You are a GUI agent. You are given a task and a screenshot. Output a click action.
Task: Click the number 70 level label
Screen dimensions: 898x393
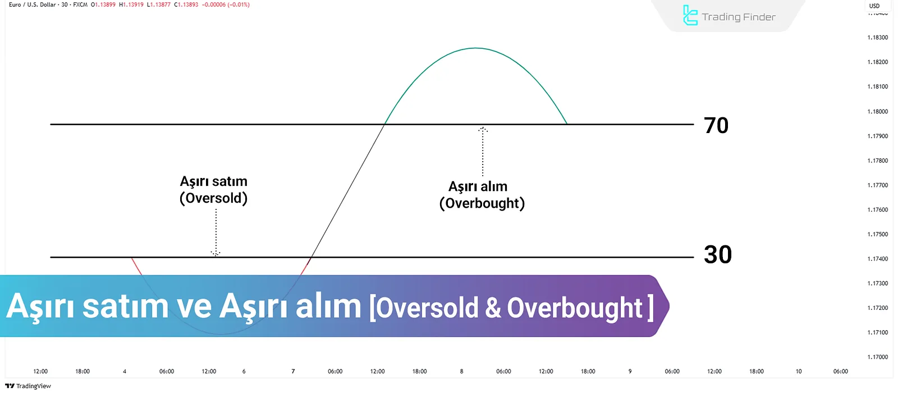pyautogui.click(x=716, y=126)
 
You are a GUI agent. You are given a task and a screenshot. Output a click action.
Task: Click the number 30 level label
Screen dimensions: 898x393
pyautogui.click(x=718, y=255)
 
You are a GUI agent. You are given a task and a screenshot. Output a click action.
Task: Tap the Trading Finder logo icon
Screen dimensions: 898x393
pyautogui.click(x=690, y=16)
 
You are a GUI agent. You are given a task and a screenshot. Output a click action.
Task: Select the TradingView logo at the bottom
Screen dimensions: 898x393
pyautogui.click(x=28, y=386)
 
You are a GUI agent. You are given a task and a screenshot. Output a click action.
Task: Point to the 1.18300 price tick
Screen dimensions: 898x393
pyautogui.click(x=878, y=37)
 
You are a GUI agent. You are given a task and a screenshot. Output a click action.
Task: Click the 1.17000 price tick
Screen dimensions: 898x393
pyautogui.click(x=878, y=357)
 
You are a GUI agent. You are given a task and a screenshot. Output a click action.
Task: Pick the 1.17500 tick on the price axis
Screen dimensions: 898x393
pyautogui.click(x=878, y=234)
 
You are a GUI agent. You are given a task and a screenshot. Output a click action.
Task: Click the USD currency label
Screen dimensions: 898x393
pyautogui.click(x=874, y=6)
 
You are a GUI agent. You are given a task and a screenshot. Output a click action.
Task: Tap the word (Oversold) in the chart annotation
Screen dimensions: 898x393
pyautogui.click(x=214, y=198)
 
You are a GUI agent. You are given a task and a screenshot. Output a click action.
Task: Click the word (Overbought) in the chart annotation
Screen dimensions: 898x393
pyautogui.click(x=482, y=203)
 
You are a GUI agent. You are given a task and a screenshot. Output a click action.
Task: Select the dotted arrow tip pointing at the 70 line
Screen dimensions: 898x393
pyautogui.click(x=483, y=128)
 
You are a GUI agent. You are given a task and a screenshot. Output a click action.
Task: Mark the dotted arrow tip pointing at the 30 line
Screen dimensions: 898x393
pyautogui.click(x=216, y=255)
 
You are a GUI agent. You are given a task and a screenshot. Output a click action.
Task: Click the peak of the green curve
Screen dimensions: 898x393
pyautogui.click(x=476, y=48)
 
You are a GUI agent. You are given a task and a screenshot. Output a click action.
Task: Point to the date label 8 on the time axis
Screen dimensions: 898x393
pyautogui.click(x=461, y=371)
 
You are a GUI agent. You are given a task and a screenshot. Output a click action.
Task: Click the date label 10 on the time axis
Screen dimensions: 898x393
pyautogui.click(x=799, y=371)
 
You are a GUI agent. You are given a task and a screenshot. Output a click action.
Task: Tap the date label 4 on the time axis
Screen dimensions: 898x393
pyautogui.click(x=125, y=371)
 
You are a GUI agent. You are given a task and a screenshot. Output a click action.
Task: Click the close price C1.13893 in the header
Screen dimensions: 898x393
pyautogui.click(x=186, y=5)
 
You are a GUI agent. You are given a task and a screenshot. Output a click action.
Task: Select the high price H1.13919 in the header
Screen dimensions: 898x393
pyautogui.click(x=131, y=5)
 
